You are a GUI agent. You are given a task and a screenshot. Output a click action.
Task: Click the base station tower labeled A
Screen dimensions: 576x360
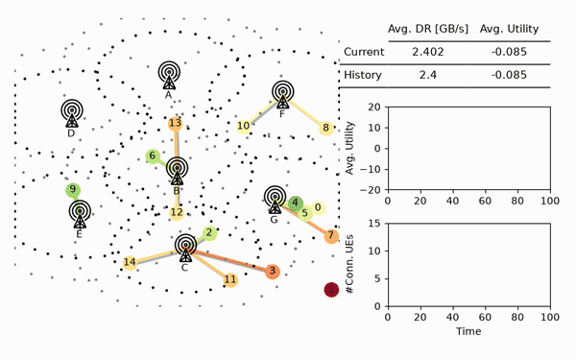click(x=169, y=75)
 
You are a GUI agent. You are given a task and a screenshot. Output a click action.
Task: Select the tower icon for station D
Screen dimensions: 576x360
click(x=72, y=113)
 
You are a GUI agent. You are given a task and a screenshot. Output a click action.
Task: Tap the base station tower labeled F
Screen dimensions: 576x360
click(x=282, y=94)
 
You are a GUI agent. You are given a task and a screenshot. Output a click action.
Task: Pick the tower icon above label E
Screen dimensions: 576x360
click(x=80, y=214)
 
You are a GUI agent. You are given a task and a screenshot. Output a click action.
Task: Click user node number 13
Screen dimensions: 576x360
click(x=176, y=124)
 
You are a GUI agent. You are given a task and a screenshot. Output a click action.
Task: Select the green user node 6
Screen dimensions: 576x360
click(x=153, y=156)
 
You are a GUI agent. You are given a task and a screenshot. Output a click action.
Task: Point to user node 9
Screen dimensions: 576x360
click(x=73, y=189)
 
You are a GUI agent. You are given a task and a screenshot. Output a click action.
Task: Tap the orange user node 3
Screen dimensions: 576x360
click(x=273, y=271)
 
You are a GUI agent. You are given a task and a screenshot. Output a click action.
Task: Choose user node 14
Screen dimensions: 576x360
click(x=130, y=262)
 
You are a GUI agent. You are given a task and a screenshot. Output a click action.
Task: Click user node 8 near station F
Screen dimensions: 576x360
click(x=325, y=128)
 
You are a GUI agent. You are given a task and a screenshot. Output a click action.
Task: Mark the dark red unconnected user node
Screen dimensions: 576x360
click(x=331, y=290)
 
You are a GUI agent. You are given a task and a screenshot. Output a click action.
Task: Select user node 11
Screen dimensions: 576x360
click(x=230, y=280)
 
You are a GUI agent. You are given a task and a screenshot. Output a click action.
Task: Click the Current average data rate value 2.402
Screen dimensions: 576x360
click(x=427, y=52)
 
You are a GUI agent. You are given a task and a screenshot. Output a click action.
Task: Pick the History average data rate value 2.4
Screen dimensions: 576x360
click(x=427, y=75)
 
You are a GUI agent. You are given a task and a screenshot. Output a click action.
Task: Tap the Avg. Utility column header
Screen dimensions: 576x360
click(x=509, y=29)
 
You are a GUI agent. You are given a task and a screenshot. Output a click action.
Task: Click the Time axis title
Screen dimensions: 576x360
click(x=468, y=331)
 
